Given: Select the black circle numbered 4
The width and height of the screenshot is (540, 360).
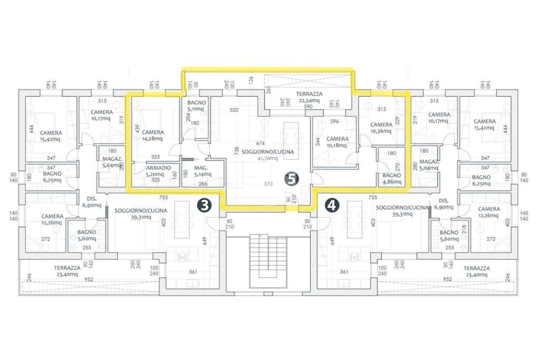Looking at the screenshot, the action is (x=332, y=205).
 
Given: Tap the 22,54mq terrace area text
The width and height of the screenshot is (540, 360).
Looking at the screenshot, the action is (x=310, y=100).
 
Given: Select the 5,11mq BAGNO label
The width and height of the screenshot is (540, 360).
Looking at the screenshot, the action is (x=196, y=107).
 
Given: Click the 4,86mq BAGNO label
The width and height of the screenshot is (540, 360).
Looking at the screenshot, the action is (x=392, y=178).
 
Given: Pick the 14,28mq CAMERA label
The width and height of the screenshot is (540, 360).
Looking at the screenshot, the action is (x=153, y=135).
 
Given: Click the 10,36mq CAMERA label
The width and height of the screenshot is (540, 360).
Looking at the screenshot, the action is (x=381, y=128).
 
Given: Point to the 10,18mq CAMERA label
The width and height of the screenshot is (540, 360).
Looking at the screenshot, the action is (x=337, y=142).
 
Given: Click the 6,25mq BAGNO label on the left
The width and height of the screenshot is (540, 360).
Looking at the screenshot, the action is (x=52, y=177).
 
